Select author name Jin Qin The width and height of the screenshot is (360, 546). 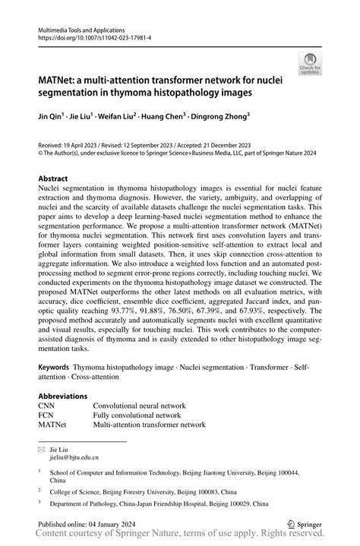52,118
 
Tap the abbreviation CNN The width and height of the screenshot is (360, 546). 47,406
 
